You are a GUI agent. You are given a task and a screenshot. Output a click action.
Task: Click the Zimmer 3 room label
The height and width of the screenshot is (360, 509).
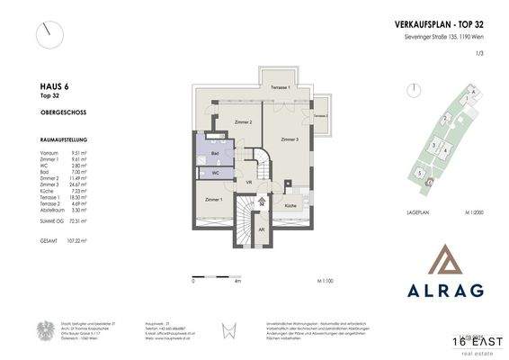click(x=290, y=140)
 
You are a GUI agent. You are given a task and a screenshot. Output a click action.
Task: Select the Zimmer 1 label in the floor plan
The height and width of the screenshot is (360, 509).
click(x=213, y=199)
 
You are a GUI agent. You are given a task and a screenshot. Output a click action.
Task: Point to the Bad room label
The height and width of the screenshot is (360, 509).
click(x=216, y=154)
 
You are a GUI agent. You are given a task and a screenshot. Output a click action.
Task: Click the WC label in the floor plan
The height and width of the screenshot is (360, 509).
click(x=216, y=174)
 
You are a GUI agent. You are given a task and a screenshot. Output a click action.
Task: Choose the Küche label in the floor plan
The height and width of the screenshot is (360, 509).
click(x=290, y=206)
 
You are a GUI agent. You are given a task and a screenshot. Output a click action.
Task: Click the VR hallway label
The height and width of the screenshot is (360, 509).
click(x=248, y=183)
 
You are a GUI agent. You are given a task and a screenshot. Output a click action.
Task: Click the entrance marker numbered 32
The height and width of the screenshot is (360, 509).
click(x=262, y=204)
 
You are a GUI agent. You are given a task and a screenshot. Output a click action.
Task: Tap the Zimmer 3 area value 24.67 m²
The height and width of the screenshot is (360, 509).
click(x=82, y=184)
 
